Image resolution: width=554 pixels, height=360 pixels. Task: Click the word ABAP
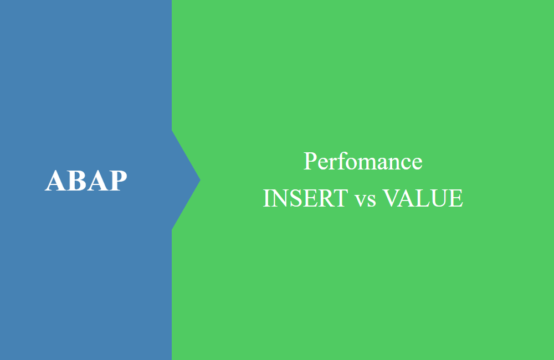tap(86, 181)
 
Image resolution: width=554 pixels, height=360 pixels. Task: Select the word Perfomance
tap(363, 161)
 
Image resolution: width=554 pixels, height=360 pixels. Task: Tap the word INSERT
tap(306, 198)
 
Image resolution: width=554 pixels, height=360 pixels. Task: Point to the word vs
tap(365, 200)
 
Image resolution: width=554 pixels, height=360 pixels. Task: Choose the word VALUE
tap(423, 198)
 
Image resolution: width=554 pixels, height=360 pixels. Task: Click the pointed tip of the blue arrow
tap(201, 180)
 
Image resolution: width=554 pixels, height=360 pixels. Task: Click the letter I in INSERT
tap(267, 198)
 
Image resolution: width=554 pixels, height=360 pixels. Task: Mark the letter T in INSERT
tap(341, 198)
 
